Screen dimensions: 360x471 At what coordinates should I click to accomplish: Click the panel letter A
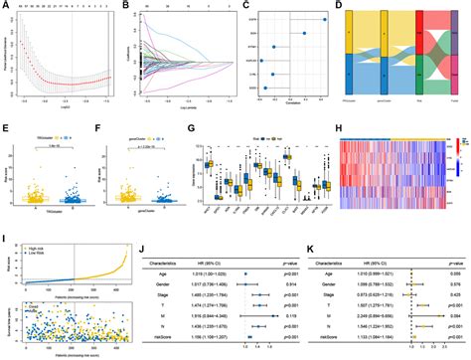click(6, 5)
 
